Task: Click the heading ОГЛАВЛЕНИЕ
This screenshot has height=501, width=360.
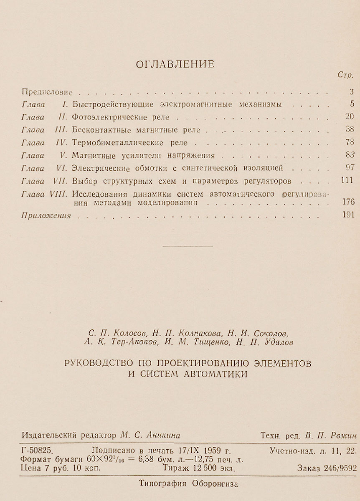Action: point(175,64)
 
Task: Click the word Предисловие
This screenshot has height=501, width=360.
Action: point(47,92)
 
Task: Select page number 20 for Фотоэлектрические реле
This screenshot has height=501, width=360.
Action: point(350,116)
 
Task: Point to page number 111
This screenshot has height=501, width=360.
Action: point(347,181)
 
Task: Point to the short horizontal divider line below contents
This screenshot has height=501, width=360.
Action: point(181,247)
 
